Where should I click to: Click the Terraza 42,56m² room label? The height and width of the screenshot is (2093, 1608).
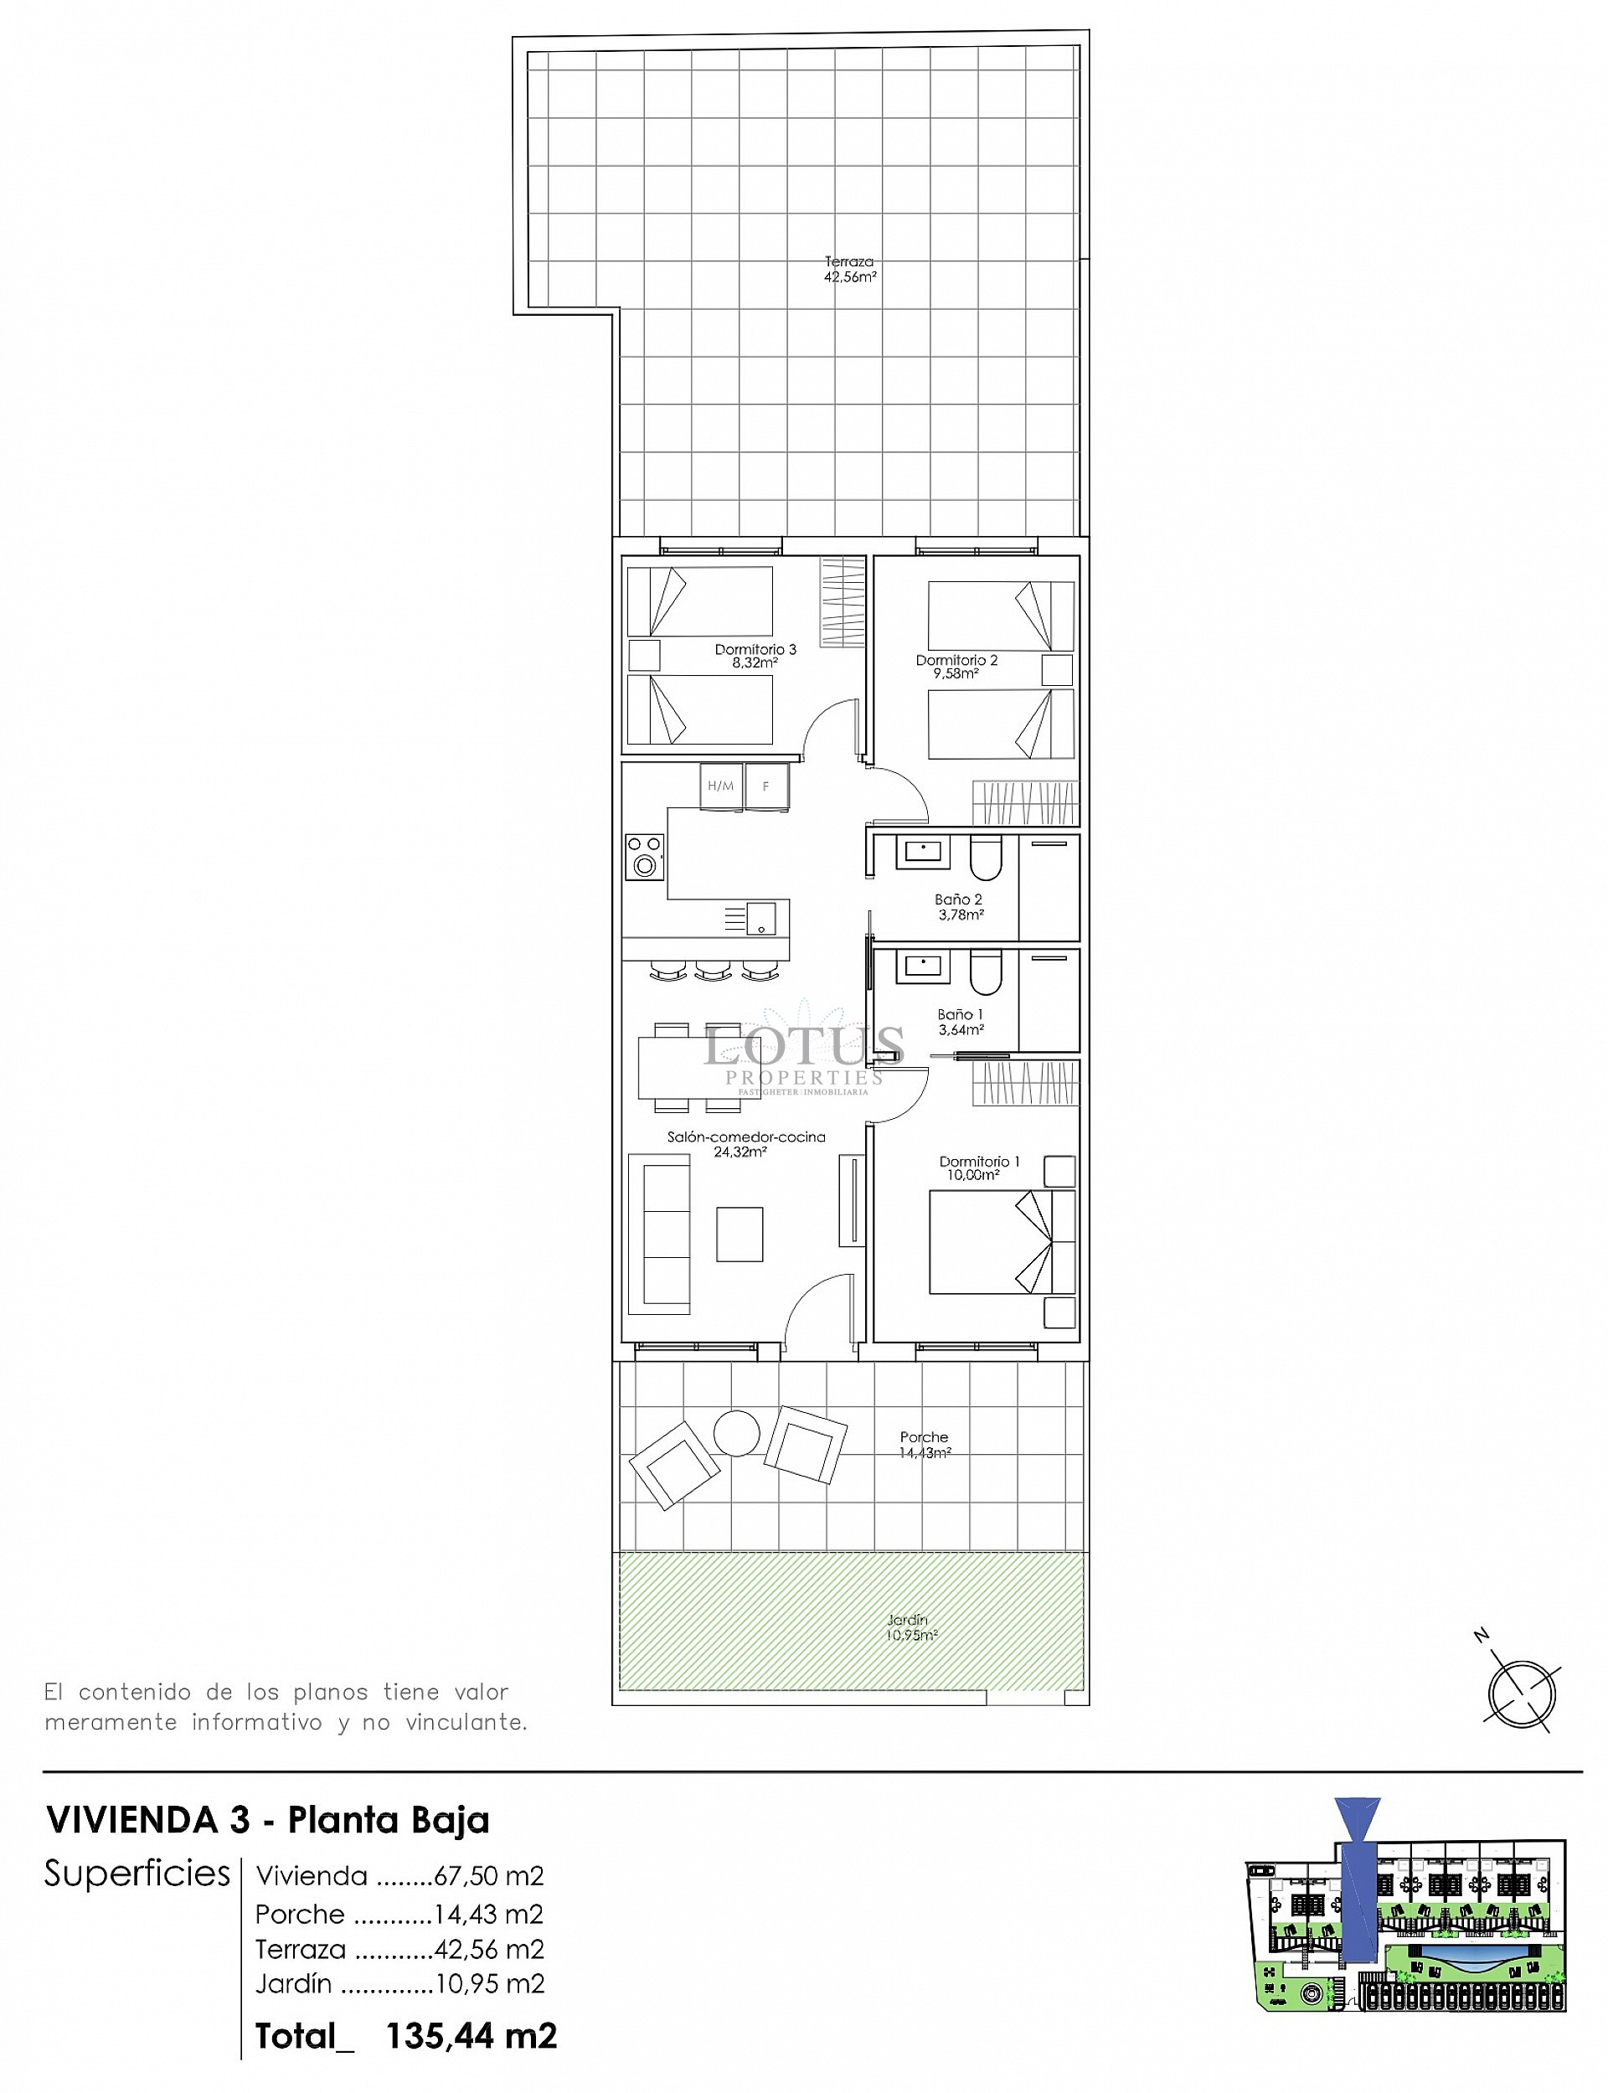click(x=850, y=269)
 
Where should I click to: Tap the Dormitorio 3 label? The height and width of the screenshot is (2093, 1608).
click(x=755, y=656)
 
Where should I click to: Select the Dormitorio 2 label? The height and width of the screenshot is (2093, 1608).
click(x=956, y=666)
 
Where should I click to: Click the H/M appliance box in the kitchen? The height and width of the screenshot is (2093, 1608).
click(x=721, y=786)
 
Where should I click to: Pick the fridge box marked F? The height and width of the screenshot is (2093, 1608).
click(x=766, y=786)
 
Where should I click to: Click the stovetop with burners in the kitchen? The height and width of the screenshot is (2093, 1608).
click(x=644, y=857)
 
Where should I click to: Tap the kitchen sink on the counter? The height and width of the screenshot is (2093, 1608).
click(x=761, y=918)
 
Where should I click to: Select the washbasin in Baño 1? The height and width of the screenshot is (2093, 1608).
click(x=922, y=966)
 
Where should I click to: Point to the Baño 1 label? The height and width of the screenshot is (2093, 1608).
click(x=960, y=1021)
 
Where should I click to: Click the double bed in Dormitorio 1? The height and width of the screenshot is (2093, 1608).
click(x=1001, y=1241)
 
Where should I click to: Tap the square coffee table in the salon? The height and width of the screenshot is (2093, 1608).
click(x=739, y=1234)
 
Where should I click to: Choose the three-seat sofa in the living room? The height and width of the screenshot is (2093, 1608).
click(x=658, y=1234)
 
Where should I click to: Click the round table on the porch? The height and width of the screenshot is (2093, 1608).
click(x=736, y=1434)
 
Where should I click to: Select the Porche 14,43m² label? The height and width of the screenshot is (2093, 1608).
click(x=924, y=1444)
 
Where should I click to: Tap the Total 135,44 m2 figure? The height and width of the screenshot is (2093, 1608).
click(x=406, y=2035)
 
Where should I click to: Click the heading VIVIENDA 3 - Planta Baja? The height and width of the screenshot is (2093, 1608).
click(x=268, y=1819)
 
